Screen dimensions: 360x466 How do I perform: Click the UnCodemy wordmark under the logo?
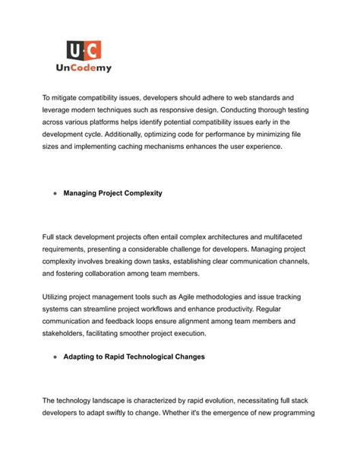(84, 68)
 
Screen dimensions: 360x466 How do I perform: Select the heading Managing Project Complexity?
(112, 193)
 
